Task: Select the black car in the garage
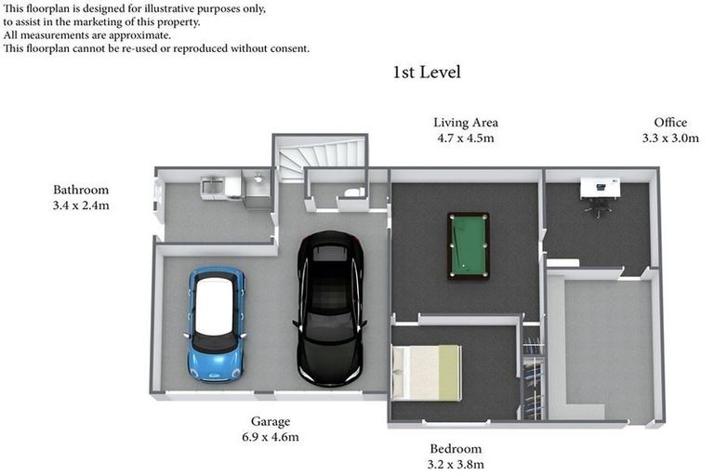(x=329, y=309)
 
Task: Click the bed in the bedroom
(x=427, y=373)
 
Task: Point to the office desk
(x=598, y=189)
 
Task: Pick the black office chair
(x=601, y=208)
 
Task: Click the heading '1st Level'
(x=427, y=72)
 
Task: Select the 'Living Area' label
(x=466, y=123)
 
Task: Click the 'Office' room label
(x=670, y=123)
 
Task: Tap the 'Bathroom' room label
(x=81, y=191)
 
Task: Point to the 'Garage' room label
(x=271, y=421)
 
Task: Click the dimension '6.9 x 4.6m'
(x=271, y=437)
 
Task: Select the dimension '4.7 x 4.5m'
(x=466, y=139)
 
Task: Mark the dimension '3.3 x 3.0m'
(x=670, y=139)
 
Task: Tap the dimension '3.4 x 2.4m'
(x=81, y=206)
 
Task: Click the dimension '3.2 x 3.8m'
(x=456, y=465)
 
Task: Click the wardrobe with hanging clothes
(x=532, y=374)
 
